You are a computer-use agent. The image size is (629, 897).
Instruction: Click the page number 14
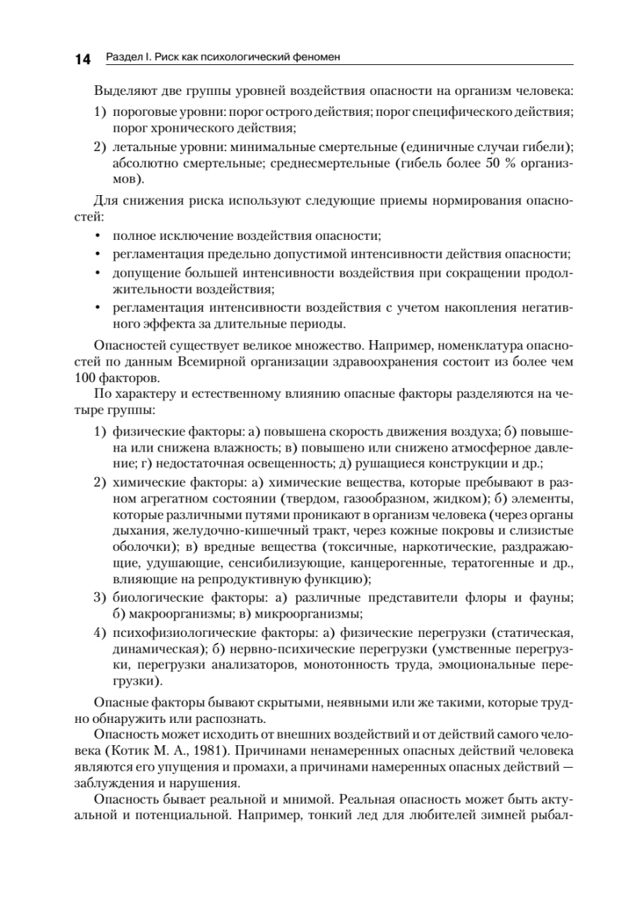82,59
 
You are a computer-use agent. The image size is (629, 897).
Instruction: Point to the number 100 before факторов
106,378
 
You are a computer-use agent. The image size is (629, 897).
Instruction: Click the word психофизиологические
173,633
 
